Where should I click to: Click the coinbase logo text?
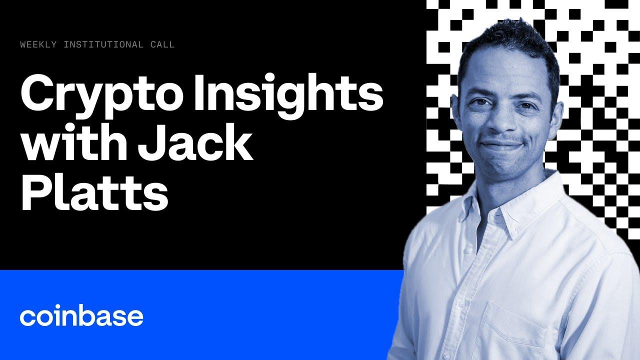[x=81, y=316]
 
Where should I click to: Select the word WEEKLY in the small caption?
[x=38, y=45]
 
